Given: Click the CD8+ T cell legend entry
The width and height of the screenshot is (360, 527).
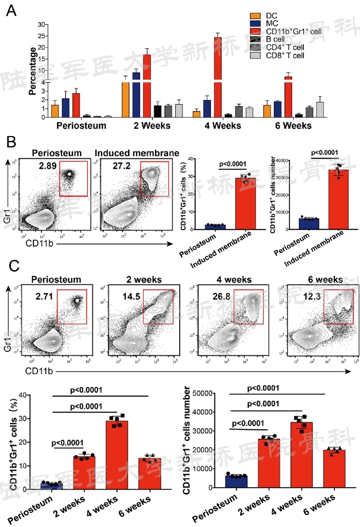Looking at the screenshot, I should pos(283,55).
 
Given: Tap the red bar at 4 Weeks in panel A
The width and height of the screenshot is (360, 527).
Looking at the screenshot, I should pos(218,76).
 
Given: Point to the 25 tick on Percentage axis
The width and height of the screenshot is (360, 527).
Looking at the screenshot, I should pos(44,36).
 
